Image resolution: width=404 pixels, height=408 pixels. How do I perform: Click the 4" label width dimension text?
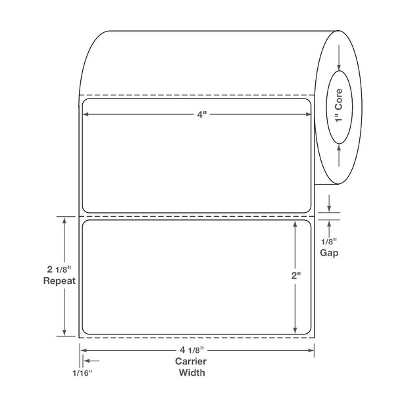tap(202, 114)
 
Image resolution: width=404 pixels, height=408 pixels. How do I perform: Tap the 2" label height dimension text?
tap(296, 275)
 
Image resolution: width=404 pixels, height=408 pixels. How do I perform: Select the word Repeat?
tap(59, 281)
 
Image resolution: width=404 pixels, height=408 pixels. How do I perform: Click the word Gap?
tap(329, 253)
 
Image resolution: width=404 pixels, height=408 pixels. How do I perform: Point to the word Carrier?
tap(191, 361)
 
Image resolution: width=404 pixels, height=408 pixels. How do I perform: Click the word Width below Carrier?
tap(191, 373)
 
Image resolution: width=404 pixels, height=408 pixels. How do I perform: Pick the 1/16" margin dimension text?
tap(82, 373)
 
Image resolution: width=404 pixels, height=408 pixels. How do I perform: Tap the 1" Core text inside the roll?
tap(339, 105)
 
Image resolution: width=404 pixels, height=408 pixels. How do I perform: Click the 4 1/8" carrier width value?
tap(191, 350)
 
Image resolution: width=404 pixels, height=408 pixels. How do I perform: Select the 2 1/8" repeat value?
tap(59, 269)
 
